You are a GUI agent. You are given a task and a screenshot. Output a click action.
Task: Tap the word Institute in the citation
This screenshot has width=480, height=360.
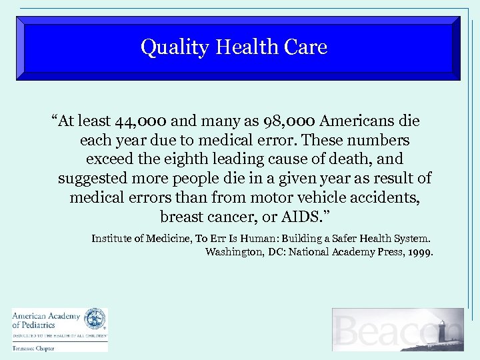click(x=112, y=238)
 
